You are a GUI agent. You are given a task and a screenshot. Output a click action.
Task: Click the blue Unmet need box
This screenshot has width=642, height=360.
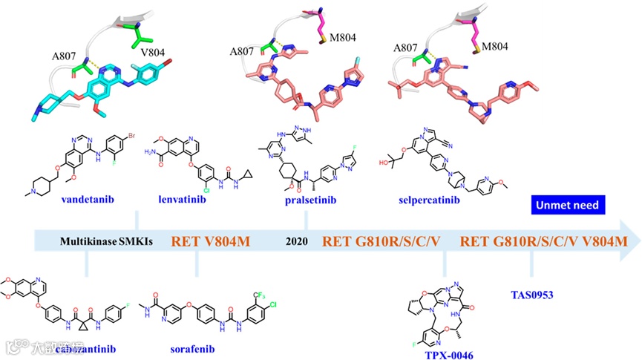click(x=568, y=204)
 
